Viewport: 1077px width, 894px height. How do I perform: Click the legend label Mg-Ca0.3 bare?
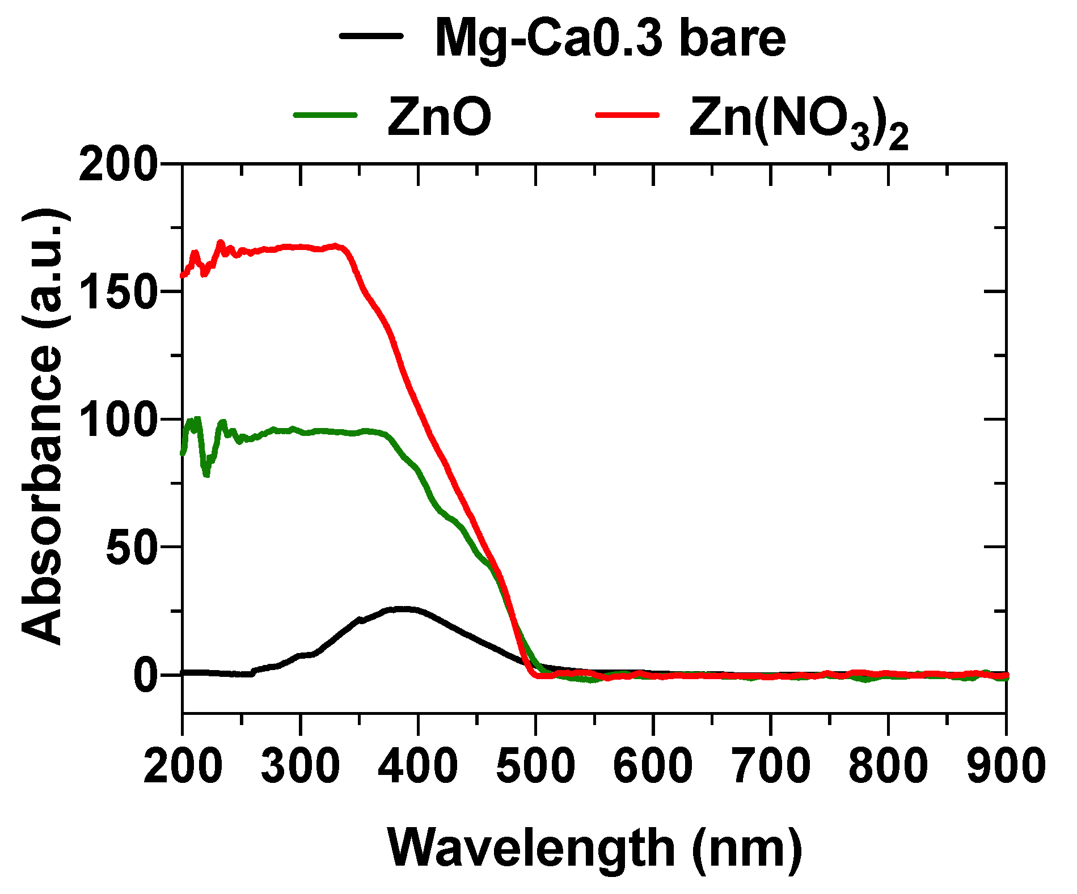(610, 39)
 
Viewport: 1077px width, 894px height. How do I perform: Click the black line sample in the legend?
(371, 35)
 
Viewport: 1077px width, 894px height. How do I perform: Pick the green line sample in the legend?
(325, 115)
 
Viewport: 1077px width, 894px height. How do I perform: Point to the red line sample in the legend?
(628, 115)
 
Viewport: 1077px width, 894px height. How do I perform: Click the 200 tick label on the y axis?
(118, 164)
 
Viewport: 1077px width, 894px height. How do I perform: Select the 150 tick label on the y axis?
(118, 292)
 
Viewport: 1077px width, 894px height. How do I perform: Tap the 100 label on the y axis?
(118, 420)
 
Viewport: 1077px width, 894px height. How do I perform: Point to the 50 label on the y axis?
(131, 548)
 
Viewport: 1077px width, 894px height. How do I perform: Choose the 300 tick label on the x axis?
(300, 766)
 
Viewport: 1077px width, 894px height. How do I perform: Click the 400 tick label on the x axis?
(418, 766)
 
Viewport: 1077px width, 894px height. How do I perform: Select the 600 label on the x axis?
(653, 766)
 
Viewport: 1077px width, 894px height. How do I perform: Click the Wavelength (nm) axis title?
(594, 848)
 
